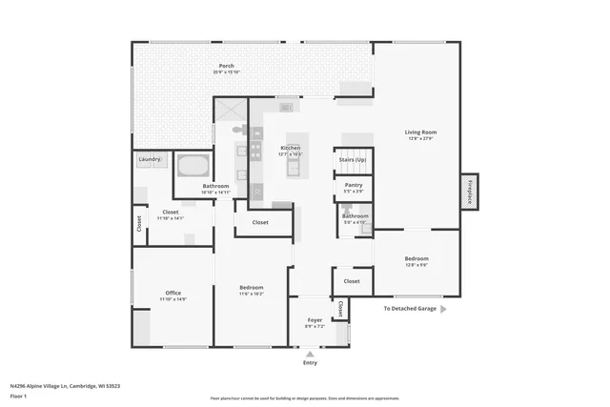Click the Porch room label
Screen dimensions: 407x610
(227, 66)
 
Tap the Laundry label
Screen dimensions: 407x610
(149, 159)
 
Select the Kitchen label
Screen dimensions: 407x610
(291, 148)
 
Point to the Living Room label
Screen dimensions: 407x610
(420, 132)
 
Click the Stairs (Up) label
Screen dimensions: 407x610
(353, 159)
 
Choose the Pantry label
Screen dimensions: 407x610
(353, 185)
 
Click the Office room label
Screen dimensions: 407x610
(173, 293)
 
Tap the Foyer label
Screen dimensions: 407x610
(315, 320)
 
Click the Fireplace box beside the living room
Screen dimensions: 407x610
(469, 191)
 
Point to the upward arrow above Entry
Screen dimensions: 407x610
(310, 354)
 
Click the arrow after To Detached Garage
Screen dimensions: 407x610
(443, 309)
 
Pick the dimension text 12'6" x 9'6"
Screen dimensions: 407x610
(417, 265)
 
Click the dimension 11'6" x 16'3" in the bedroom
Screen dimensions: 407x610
(252, 294)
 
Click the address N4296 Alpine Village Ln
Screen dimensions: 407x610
(42, 386)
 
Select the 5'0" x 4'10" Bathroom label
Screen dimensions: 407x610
(356, 216)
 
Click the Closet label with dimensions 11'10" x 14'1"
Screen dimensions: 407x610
(171, 212)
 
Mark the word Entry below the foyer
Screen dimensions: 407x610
(310, 363)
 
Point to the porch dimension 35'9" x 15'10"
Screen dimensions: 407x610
(227, 72)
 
